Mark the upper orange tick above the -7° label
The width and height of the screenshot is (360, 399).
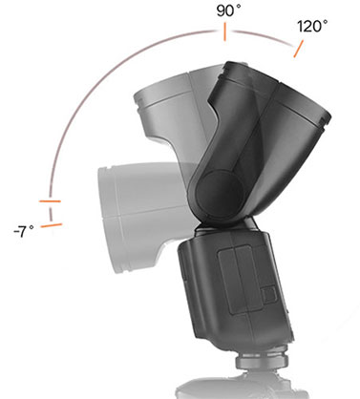click(49, 203)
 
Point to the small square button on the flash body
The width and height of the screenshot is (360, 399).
click(268, 292)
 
